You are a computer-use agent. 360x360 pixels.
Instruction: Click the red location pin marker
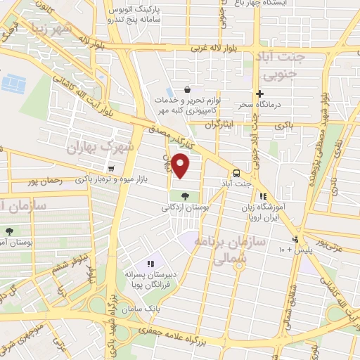tap(181, 165)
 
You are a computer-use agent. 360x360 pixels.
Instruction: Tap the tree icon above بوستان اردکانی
tap(185, 195)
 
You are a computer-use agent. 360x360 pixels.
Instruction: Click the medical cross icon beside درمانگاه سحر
tap(259, 94)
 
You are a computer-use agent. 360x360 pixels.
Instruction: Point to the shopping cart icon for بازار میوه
tap(111, 169)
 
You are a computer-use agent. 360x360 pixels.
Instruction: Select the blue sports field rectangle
tap(13, 84)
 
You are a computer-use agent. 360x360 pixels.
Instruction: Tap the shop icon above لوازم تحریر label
tap(187, 90)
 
